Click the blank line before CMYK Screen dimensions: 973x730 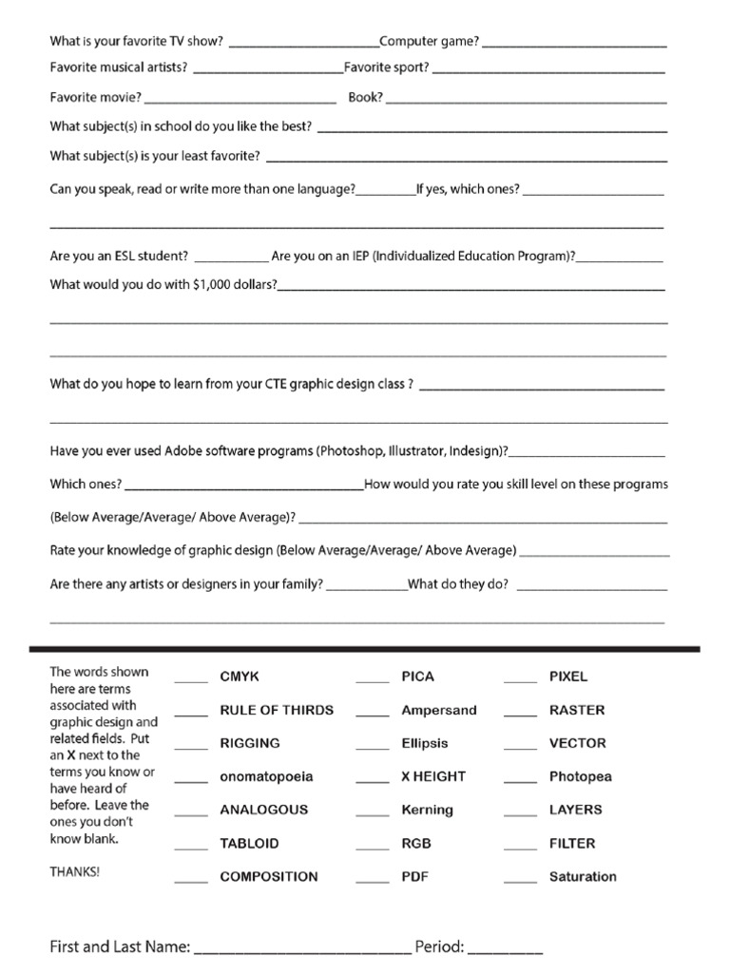click(190, 681)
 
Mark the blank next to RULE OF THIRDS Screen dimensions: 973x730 click(190, 715)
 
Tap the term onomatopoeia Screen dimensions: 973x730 click(266, 776)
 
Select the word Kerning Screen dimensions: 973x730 click(427, 810)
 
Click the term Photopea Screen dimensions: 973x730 click(580, 776)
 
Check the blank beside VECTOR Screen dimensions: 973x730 click(520, 748)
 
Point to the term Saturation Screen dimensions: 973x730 click(583, 876)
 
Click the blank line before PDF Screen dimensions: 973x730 click(373, 881)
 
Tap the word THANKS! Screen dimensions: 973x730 click(74, 871)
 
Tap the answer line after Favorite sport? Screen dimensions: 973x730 click(548, 72)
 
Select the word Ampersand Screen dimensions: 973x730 click(439, 710)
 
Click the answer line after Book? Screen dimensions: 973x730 click(526, 102)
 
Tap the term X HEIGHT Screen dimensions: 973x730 click(433, 776)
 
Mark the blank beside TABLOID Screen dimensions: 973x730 click(190, 848)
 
